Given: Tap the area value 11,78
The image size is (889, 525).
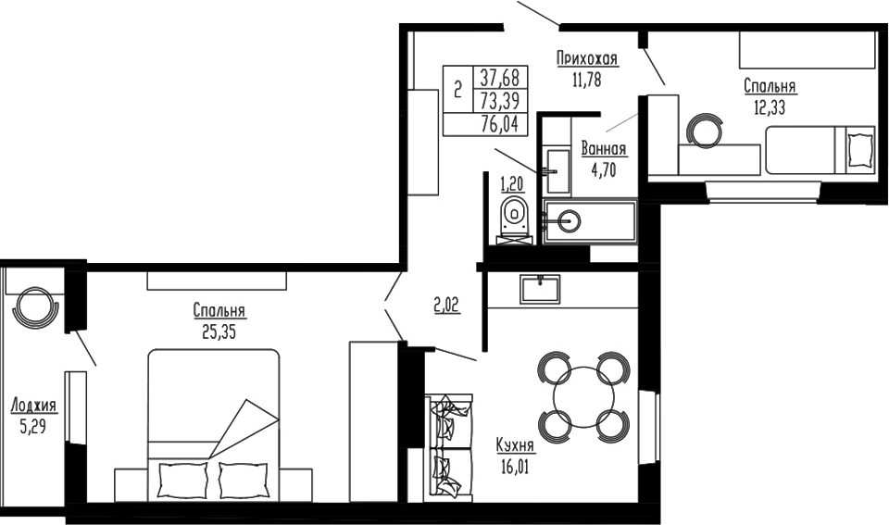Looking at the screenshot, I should [586, 80].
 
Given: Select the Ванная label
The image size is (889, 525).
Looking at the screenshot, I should [605, 149].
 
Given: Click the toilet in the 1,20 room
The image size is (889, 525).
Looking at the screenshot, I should [512, 216].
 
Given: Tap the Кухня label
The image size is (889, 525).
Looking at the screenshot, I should [515, 446].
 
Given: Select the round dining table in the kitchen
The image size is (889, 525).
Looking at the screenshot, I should [584, 396].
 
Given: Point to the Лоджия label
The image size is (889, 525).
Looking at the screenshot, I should [33, 406].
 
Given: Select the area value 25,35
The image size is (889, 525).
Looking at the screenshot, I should [219, 331].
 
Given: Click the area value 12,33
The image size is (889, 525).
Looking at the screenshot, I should [770, 106].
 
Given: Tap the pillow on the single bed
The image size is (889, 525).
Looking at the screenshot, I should [860, 147].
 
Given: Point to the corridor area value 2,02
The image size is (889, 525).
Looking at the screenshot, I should [446, 302].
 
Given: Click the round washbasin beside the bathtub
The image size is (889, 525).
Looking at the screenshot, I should [567, 220].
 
